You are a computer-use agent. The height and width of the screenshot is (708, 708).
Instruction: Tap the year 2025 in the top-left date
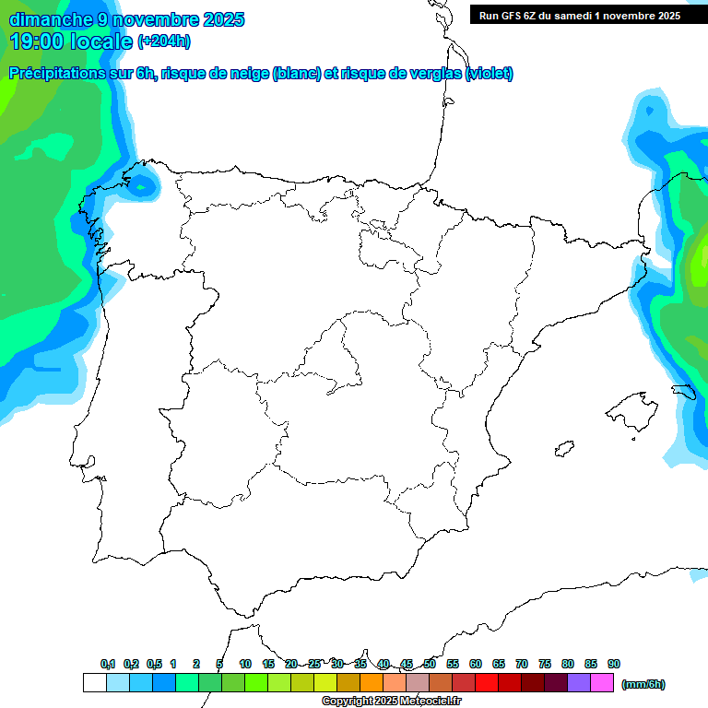click(x=221, y=19)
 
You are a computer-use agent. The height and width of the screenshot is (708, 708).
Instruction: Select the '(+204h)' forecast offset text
click(x=164, y=41)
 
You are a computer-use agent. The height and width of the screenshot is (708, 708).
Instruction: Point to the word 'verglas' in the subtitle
click(x=432, y=74)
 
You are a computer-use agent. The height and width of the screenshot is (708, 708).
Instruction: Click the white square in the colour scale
click(x=94, y=683)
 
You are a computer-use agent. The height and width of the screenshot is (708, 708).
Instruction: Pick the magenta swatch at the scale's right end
click(x=602, y=683)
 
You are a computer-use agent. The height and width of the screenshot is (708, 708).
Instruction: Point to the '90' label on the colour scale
click(x=614, y=664)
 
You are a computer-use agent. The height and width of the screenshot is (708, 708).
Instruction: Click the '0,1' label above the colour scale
click(x=108, y=664)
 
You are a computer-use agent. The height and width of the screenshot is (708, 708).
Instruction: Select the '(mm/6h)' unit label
click(x=643, y=684)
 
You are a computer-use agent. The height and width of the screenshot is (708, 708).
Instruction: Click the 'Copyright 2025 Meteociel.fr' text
click(x=391, y=702)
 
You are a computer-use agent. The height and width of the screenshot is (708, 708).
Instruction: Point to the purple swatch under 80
click(x=579, y=683)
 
